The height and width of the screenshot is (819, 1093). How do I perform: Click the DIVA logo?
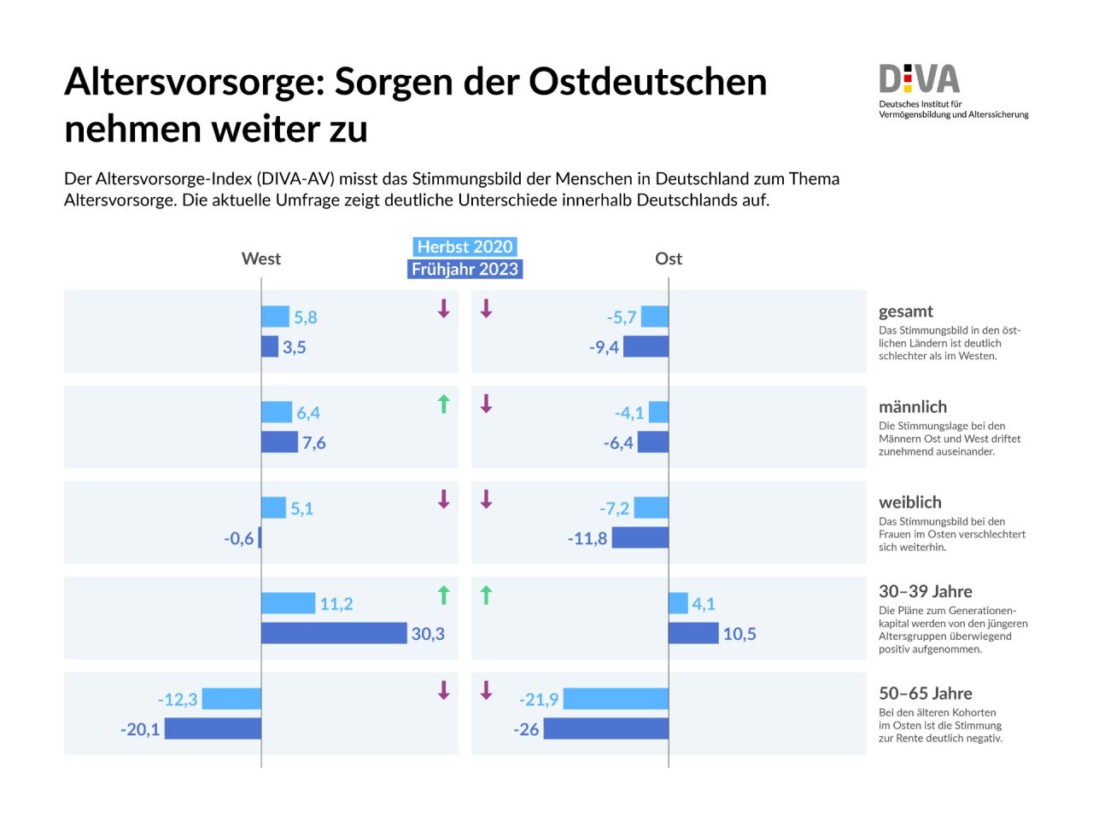(920, 79)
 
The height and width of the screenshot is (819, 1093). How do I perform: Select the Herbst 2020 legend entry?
(465, 247)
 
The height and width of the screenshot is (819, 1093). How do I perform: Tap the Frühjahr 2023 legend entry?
(465, 270)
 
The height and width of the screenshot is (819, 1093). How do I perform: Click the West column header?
(261, 258)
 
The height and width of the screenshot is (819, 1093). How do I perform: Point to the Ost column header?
(669, 258)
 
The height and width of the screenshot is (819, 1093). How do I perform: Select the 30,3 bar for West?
(334, 633)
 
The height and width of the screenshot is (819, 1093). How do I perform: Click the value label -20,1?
(140, 729)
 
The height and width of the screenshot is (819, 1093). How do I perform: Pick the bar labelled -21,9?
(616, 700)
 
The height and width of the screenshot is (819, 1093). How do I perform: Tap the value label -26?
(526, 729)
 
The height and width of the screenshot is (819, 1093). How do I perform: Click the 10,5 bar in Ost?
(693, 633)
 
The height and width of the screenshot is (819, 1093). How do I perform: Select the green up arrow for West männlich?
(443, 404)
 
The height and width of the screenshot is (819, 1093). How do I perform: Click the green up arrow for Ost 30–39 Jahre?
(487, 595)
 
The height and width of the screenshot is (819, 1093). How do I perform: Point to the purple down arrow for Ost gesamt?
(487, 309)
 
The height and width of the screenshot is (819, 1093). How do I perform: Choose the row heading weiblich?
(909, 502)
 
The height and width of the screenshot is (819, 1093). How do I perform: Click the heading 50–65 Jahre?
(925, 694)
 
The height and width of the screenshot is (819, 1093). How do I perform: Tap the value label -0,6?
(239, 538)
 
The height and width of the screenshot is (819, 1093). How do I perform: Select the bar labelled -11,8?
(640, 537)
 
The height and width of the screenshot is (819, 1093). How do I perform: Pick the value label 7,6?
(314, 443)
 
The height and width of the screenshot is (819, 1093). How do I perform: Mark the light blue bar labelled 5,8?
(275, 317)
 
